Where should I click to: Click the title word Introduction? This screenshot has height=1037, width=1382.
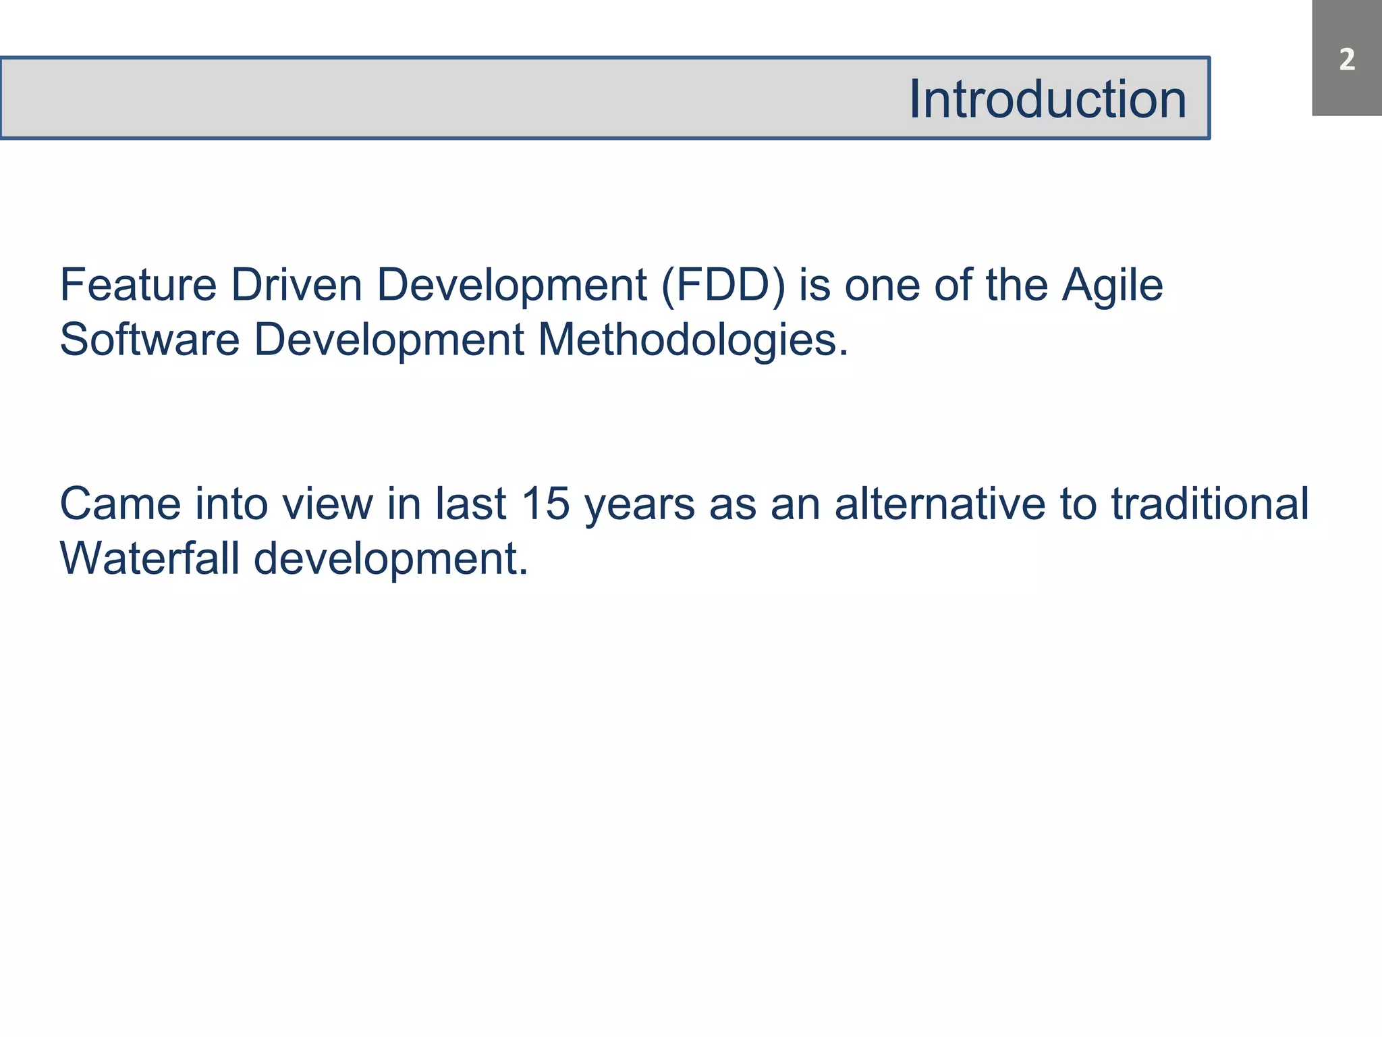tap(1047, 99)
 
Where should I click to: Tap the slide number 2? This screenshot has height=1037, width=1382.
tap(1347, 60)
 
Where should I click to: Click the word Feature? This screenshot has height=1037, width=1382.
tap(138, 285)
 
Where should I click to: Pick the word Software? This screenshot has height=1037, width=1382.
tap(149, 339)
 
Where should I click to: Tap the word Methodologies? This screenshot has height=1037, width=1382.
tap(692, 340)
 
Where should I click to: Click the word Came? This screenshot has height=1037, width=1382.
tap(120, 504)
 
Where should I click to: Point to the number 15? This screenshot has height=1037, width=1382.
tap(546, 504)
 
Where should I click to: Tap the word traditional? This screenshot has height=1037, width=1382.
tap(1210, 504)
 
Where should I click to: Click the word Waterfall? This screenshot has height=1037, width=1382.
tap(149, 558)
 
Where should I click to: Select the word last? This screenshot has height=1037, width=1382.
tap(470, 504)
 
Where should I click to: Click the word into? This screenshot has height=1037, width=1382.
tap(231, 504)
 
